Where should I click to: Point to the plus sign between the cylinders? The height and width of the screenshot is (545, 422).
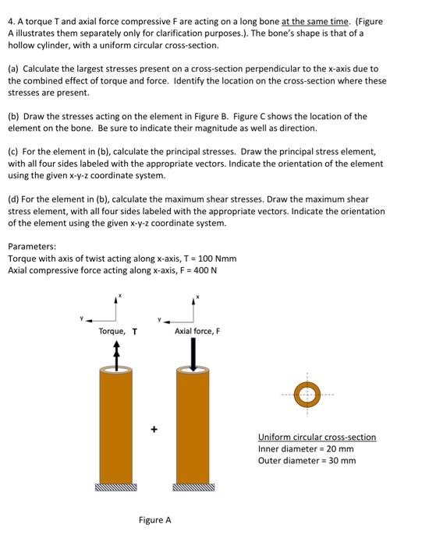tap(154, 428)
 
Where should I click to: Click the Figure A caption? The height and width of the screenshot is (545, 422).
tap(154, 520)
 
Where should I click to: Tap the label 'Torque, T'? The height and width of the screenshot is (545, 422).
tap(118, 331)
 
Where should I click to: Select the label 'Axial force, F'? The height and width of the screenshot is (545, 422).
tap(197, 331)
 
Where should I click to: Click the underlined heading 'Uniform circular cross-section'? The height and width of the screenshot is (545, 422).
tap(317, 437)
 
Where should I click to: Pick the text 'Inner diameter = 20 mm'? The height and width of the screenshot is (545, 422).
tap(306, 448)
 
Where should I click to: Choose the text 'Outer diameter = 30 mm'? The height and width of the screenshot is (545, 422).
tap(307, 460)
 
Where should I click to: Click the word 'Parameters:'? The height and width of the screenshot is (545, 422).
tap(32, 248)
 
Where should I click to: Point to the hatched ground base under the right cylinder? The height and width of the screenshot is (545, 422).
tap(193, 488)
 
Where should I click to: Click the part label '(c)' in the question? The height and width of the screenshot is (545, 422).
tap(14, 152)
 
